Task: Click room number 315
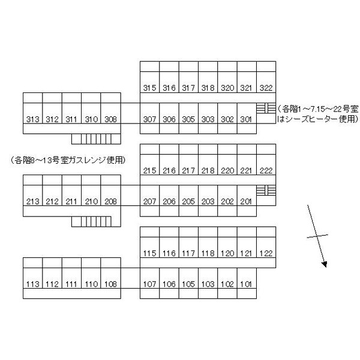pyautogui.click(x=149, y=88)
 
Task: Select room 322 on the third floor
pyautogui.click(x=266, y=88)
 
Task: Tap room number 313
pyautogui.click(x=33, y=119)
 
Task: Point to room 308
pyautogui.click(x=110, y=119)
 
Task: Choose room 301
pyautogui.click(x=246, y=119)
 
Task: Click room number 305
pyautogui.click(x=188, y=119)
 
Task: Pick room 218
pyautogui.click(x=208, y=171)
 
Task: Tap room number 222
pyautogui.click(x=266, y=171)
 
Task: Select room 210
pyautogui.click(x=91, y=202)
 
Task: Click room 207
pyautogui.click(x=149, y=202)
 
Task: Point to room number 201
pyautogui.click(x=246, y=202)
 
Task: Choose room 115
pyautogui.click(x=149, y=253)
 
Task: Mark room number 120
pyautogui.click(x=227, y=253)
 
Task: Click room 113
pyautogui.click(x=33, y=284)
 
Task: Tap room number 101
pyautogui.click(x=246, y=284)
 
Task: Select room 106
pyautogui.click(x=169, y=284)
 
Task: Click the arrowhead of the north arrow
pyautogui.click(x=325, y=265)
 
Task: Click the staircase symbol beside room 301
pyautogui.click(x=266, y=108)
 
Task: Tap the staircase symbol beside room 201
pyautogui.click(x=266, y=190)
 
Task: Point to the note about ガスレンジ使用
pyautogui.click(x=68, y=160)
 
